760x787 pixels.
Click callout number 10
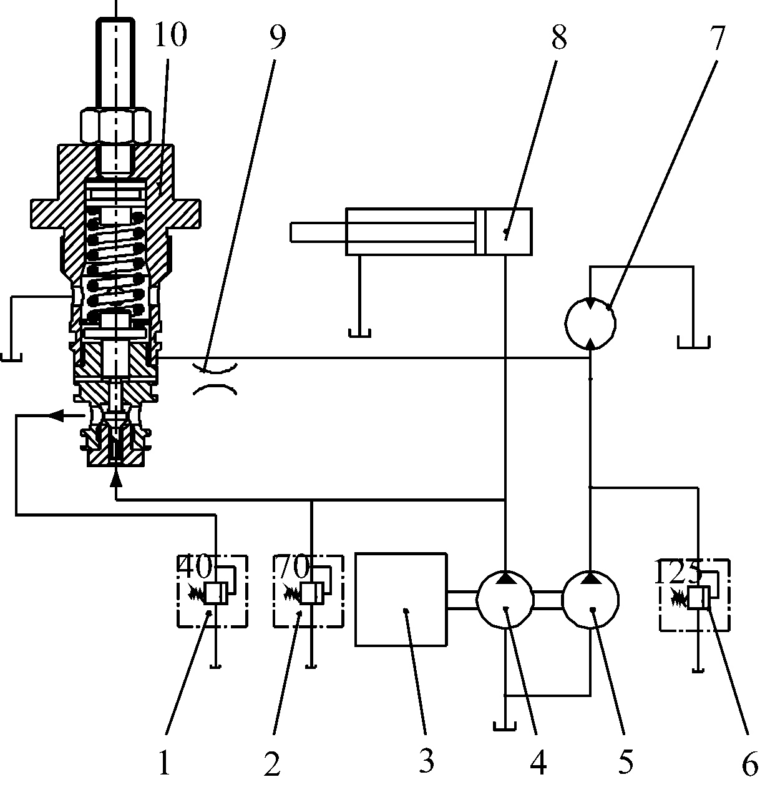click(171, 34)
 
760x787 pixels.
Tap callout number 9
click(277, 37)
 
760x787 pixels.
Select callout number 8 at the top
click(559, 37)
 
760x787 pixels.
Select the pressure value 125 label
click(677, 572)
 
